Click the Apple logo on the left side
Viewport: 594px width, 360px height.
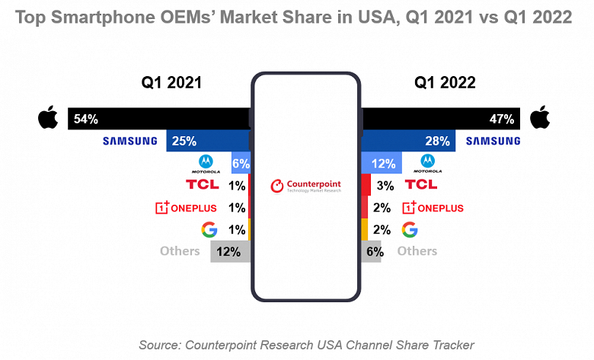pyautogui.click(x=47, y=118)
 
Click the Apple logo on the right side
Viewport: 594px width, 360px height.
pyautogui.click(x=539, y=118)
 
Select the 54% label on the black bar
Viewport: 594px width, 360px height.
pyautogui.click(x=85, y=119)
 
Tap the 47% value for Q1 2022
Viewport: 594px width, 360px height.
pyautogui.click(x=502, y=119)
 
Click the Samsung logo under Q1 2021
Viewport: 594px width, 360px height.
pyautogui.click(x=130, y=141)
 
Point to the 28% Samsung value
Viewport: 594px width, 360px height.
pyautogui.click(x=438, y=141)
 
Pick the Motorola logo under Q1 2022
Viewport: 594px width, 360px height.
pyautogui.click(x=427, y=163)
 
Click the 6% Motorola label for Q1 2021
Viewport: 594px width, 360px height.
pyautogui.click(x=241, y=163)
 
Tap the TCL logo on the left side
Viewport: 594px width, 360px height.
pyautogui.click(x=202, y=184)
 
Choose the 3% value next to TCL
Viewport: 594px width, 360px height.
pyautogui.click(x=385, y=185)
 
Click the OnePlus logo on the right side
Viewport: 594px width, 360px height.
pyautogui.click(x=433, y=207)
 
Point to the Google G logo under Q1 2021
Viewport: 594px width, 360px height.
pyautogui.click(x=208, y=229)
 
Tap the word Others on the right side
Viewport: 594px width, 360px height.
pyautogui.click(x=417, y=251)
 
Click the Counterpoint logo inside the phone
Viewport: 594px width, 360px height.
pyautogui.click(x=305, y=186)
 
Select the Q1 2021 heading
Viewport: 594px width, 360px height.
pyautogui.click(x=171, y=82)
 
